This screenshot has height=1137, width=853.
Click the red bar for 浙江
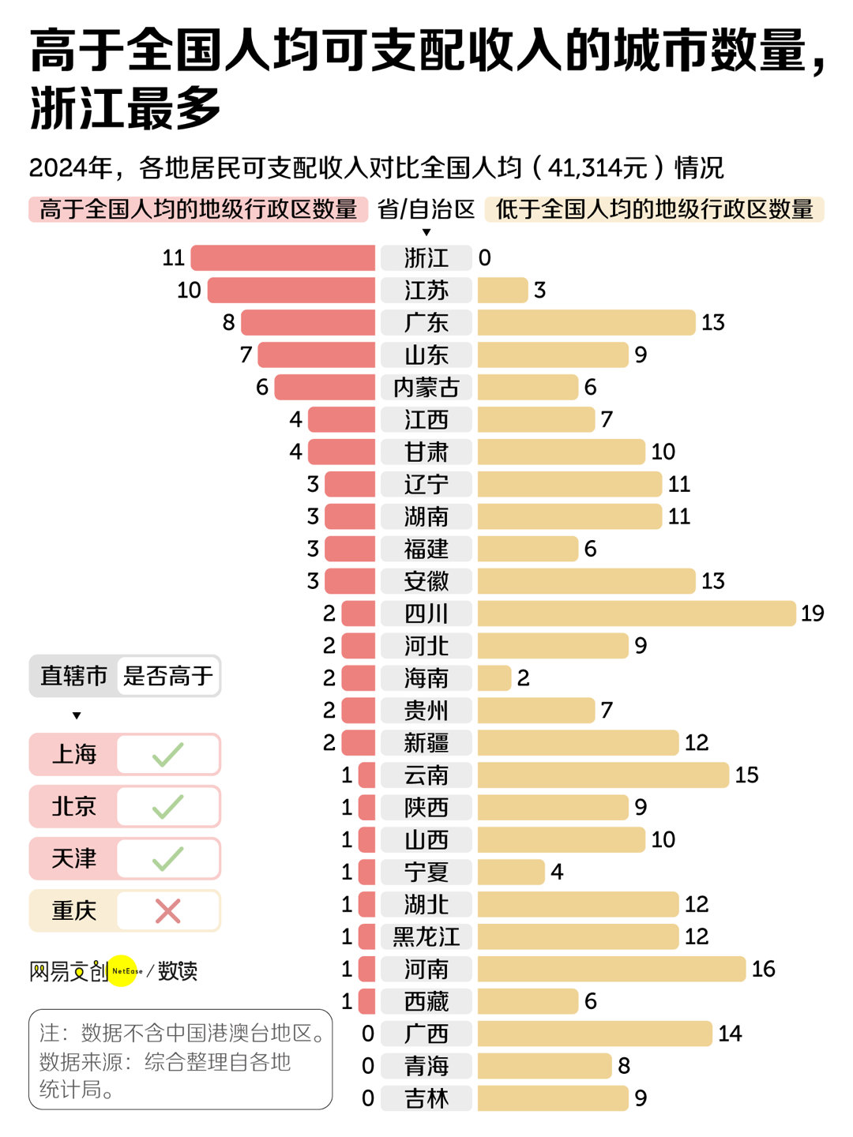[x=283, y=258]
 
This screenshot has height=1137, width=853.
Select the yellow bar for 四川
[x=636, y=614]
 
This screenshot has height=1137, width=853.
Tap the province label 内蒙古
[x=426, y=388]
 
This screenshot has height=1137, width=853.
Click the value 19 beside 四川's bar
[x=812, y=614]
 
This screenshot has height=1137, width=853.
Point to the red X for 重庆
[x=168, y=911]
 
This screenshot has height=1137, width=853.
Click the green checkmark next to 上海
[x=168, y=755]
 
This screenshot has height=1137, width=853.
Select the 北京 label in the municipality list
[x=74, y=807]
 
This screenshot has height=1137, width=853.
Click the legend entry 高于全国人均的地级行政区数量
[x=198, y=209]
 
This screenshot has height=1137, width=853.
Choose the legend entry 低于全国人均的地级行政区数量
[x=654, y=209]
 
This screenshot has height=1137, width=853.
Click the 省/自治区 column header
[x=426, y=209]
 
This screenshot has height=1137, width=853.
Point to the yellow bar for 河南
[x=611, y=969]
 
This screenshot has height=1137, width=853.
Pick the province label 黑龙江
[x=426, y=937]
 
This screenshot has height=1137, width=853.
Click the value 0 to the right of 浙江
[x=485, y=258]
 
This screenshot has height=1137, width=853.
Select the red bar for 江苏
[x=291, y=291]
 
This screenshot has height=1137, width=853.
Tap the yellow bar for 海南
[x=494, y=678]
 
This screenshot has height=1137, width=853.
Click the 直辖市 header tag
[x=74, y=676]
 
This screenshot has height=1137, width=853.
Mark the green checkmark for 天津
[x=168, y=859]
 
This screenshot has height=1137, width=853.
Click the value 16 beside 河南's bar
[x=763, y=969]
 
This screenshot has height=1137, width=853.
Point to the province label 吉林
[x=426, y=1098]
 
